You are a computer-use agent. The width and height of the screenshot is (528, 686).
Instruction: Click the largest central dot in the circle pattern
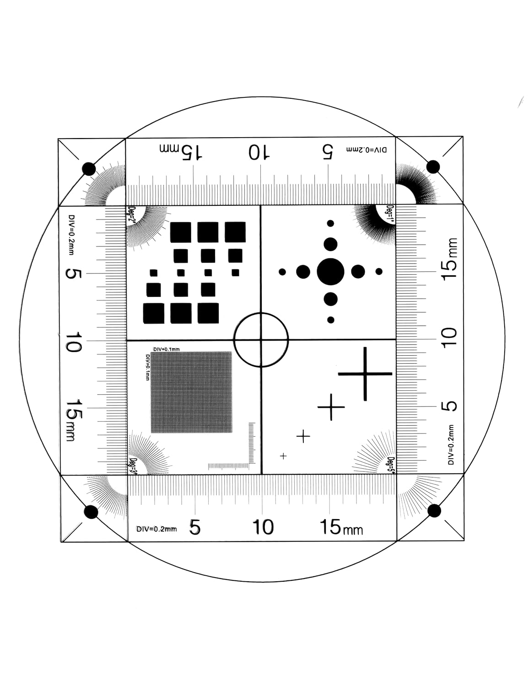point(330,272)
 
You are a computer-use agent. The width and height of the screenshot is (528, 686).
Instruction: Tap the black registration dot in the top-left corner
point(89,169)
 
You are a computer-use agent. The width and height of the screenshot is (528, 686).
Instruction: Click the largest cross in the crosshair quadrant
point(365,374)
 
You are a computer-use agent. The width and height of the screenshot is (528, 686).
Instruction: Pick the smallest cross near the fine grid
point(283,456)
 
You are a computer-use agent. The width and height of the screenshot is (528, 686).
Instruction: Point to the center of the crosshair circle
point(261,340)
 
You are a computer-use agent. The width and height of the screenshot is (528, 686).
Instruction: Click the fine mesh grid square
point(191,392)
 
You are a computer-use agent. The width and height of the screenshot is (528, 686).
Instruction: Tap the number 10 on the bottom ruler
point(263,527)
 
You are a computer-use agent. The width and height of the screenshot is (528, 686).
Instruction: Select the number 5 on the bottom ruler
point(195,528)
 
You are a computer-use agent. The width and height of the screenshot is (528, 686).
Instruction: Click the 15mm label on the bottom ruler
point(341,528)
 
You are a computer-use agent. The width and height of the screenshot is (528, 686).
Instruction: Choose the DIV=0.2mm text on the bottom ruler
point(156,529)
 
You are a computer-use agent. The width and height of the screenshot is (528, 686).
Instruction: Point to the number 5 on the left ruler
point(74,273)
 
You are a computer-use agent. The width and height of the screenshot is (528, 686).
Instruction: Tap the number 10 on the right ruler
point(449,339)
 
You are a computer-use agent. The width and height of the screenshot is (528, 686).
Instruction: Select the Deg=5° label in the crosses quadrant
point(391,464)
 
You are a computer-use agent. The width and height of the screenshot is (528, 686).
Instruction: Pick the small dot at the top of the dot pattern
point(330,223)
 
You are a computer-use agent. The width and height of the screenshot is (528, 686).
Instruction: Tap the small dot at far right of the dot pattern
point(379,272)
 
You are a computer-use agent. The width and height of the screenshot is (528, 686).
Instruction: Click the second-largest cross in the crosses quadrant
point(331,407)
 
